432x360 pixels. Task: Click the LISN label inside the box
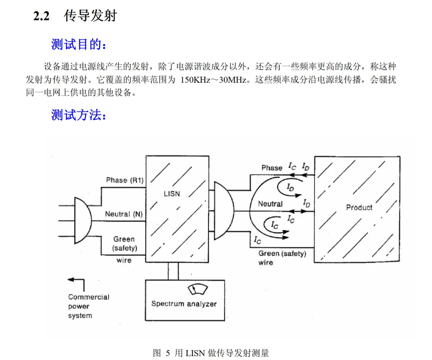tap(172, 194)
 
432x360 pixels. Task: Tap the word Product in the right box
tap(359, 207)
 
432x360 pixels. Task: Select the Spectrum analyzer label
tap(184, 304)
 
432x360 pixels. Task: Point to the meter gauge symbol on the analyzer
tap(198, 289)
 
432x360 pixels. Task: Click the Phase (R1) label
tap(125, 180)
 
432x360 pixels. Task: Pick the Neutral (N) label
tap(124, 214)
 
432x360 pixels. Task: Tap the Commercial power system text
tap(89, 306)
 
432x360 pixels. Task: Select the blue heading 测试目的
tap(78, 44)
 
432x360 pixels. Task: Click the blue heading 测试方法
tap(78, 115)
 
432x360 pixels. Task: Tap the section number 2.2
tap(41, 16)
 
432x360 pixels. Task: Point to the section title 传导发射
tap(90, 16)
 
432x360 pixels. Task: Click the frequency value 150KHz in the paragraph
tap(195, 80)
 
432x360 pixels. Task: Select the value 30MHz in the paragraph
tap(232, 80)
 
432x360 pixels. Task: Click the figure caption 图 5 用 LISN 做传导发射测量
tap(211, 353)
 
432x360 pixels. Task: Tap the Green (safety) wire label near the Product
tap(282, 258)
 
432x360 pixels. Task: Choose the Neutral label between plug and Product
tap(270, 204)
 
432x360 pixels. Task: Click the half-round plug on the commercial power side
tap(83, 221)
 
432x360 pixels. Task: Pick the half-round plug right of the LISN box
tap(224, 211)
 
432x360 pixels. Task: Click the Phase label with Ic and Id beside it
tap(272, 168)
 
